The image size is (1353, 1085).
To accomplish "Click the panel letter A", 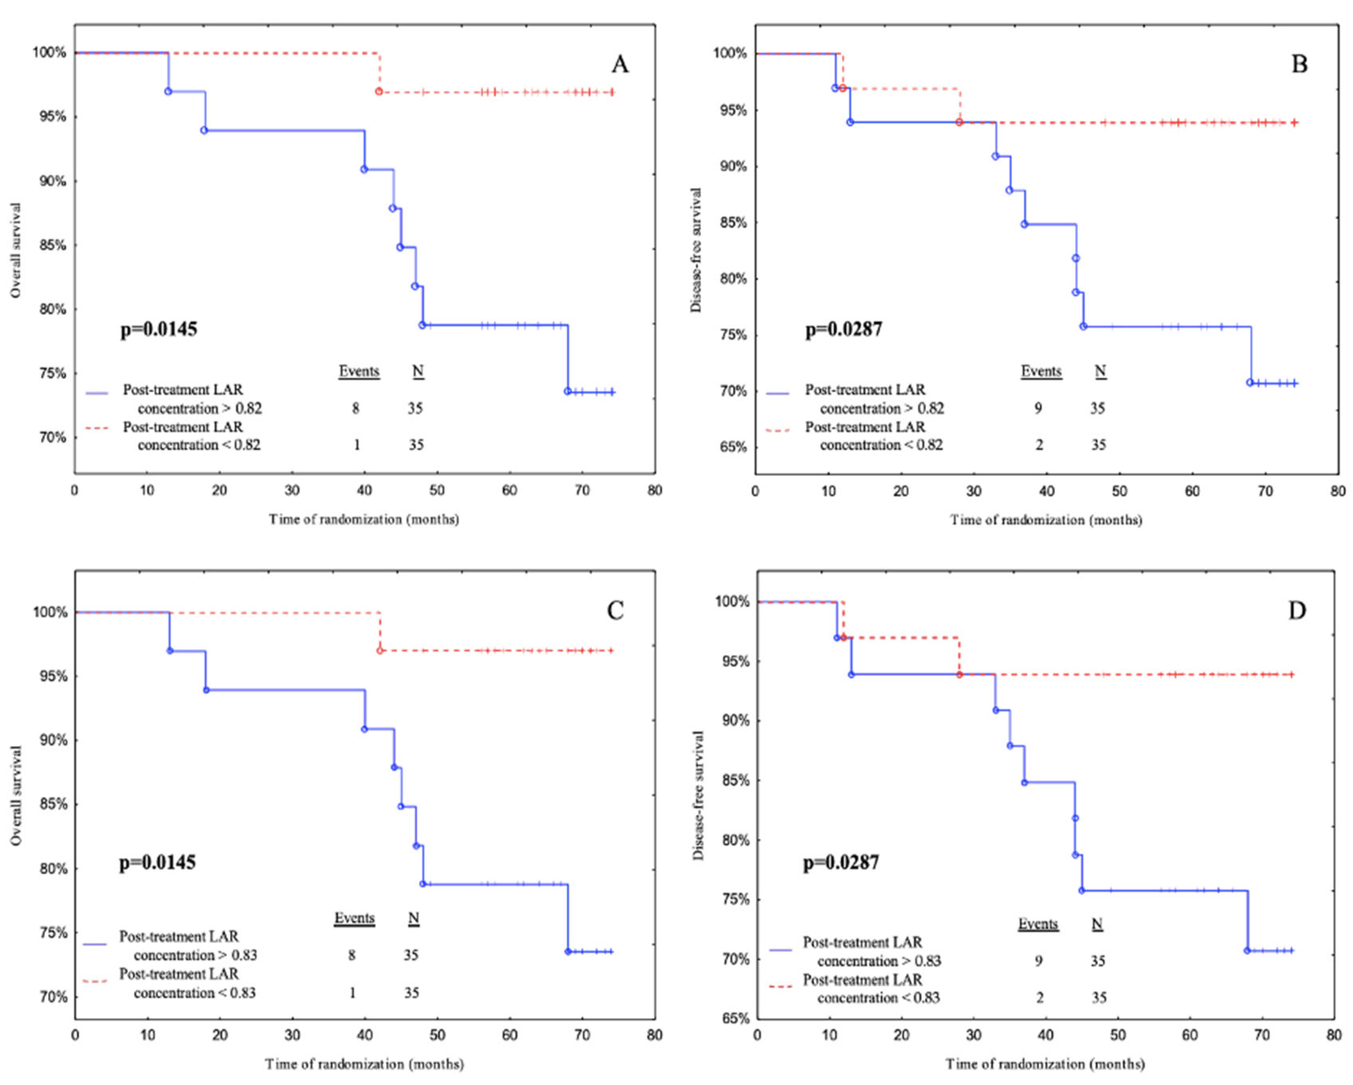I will (x=619, y=64).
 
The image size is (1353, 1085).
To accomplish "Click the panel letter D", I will (x=1296, y=610).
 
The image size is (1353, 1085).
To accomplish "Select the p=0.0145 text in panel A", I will (x=159, y=329).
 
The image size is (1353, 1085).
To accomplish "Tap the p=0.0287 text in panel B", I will (x=843, y=329).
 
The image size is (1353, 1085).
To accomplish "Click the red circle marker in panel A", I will (x=379, y=92).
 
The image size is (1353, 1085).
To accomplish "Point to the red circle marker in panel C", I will (x=380, y=651).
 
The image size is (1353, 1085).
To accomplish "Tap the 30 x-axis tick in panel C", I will (x=292, y=1035).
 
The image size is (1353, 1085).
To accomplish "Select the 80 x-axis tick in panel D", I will (x=1333, y=1035).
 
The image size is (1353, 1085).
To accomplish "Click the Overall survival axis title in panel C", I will (x=16, y=795).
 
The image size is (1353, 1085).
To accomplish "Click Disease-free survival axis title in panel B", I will (x=696, y=250).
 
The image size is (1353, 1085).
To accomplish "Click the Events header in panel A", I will (x=359, y=371).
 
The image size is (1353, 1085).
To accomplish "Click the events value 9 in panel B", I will (x=1038, y=408).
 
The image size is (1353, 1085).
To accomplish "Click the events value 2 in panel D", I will (x=1039, y=998).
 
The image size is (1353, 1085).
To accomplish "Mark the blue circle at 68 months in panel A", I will (x=568, y=392).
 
